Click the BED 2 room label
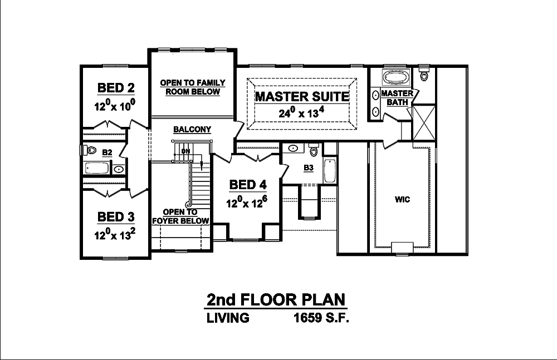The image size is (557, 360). (116, 88)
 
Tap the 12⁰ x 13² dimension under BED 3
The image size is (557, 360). (116, 235)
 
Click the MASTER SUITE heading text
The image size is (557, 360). (302, 97)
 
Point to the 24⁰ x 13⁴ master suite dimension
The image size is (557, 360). (302, 114)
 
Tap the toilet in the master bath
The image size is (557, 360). (426, 75)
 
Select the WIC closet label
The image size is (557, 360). (402, 199)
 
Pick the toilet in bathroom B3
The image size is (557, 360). (314, 151)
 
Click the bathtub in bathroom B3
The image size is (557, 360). (329, 170)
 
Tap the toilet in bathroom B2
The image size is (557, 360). (87, 150)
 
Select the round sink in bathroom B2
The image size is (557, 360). (118, 169)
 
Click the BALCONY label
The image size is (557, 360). (192, 130)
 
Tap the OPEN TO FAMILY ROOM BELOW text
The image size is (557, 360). (193, 87)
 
